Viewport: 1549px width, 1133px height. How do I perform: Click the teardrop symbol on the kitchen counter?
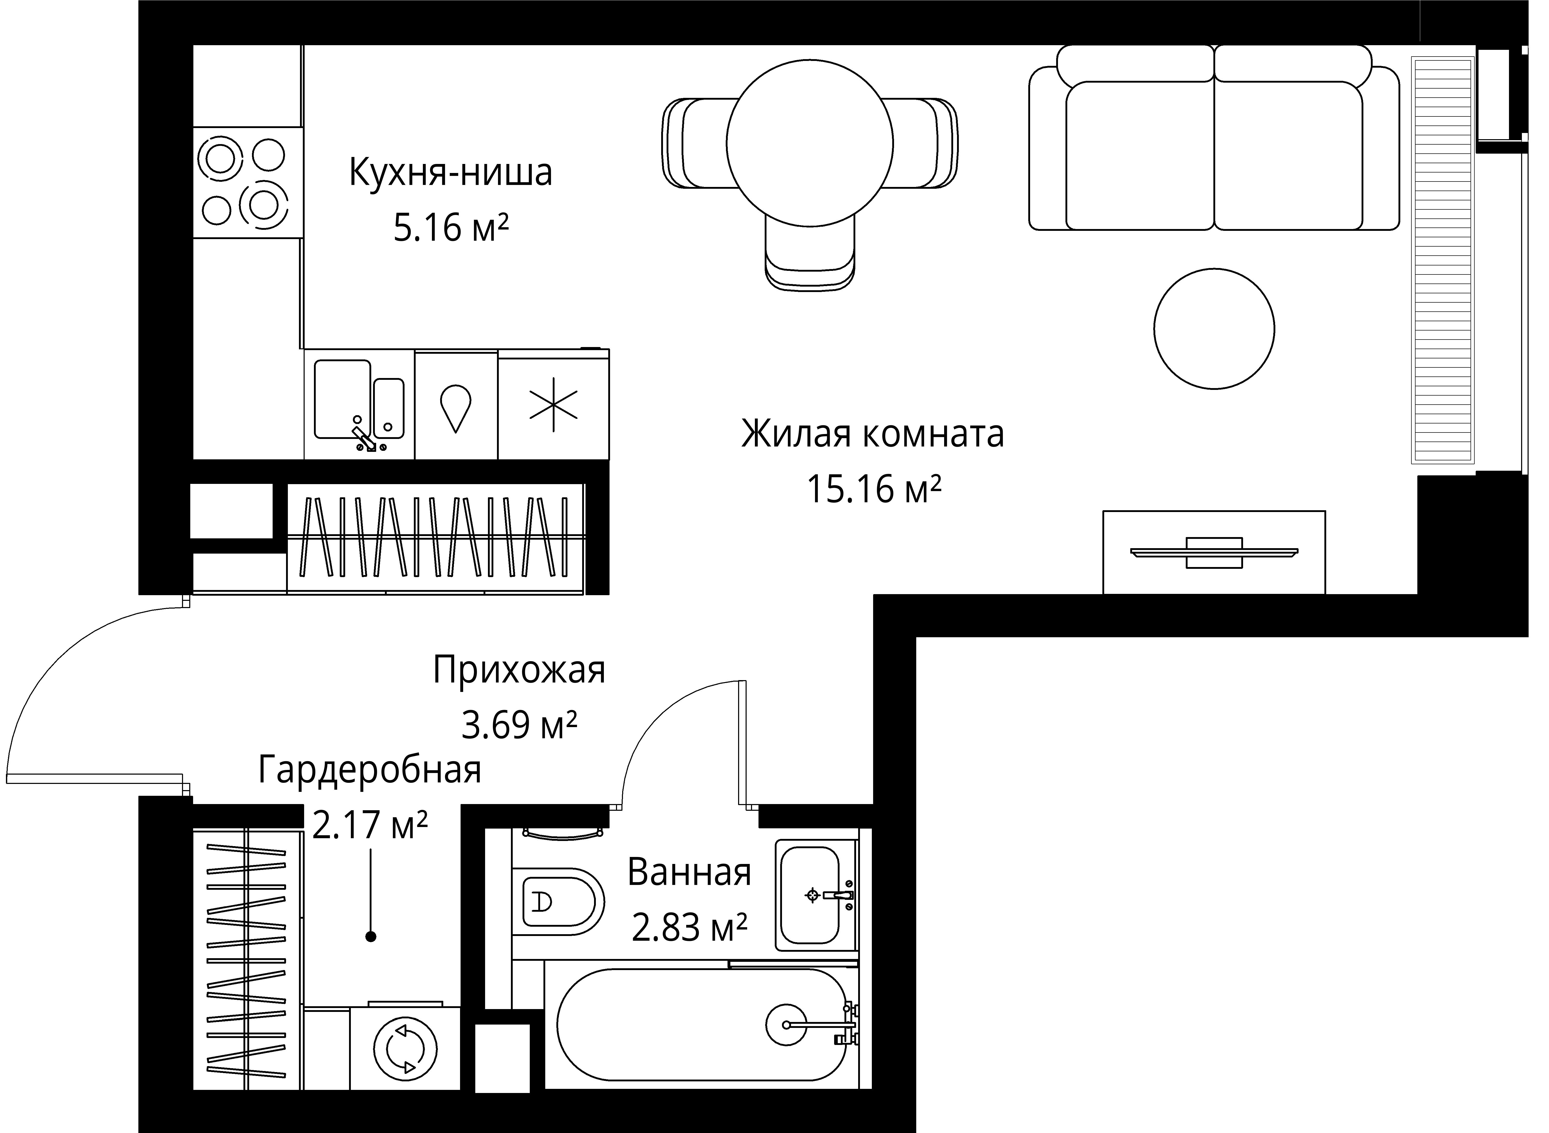pos(455,407)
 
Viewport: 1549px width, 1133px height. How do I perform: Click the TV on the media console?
pos(1214,552)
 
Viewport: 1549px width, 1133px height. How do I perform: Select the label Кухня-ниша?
pos(451,173)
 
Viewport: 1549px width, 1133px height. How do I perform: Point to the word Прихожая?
pos(519,670)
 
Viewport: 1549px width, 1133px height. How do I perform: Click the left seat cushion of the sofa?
pos(1140,156)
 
